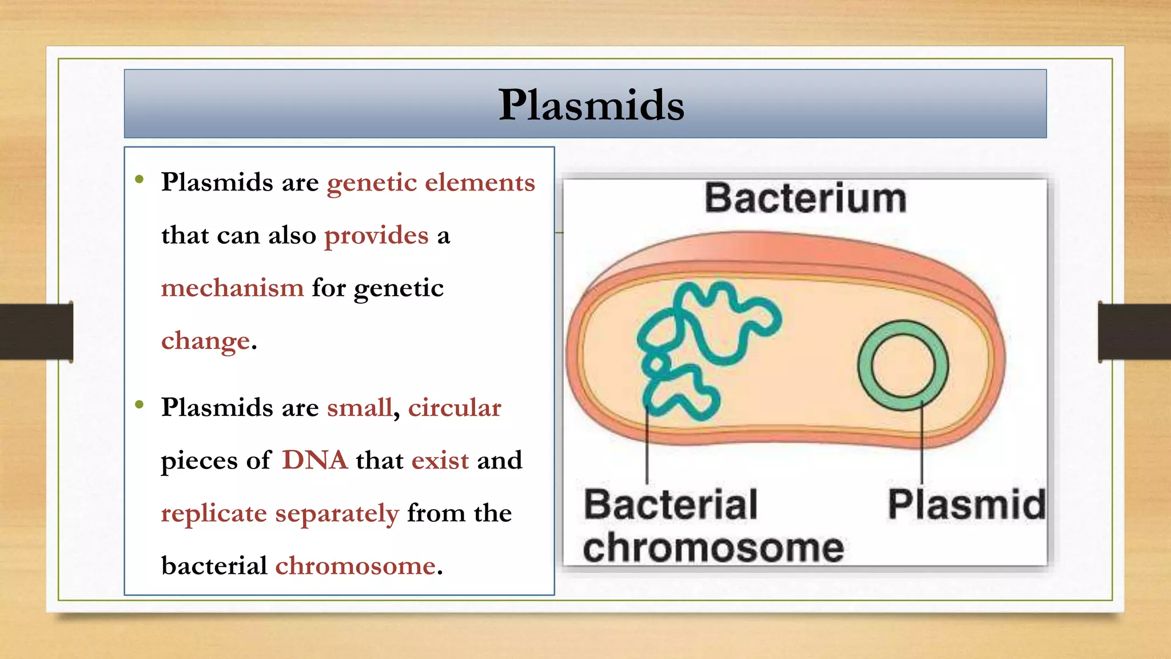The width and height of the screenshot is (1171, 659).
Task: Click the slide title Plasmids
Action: click(x=591, y=105)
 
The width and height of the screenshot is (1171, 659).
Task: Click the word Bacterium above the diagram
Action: click(x=805, y=199)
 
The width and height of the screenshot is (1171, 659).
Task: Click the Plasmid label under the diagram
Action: click(x=966, y=505)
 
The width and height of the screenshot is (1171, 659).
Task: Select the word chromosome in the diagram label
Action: click(x=713, y=548)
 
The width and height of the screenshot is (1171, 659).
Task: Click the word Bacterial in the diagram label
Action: click(x=670, y=505)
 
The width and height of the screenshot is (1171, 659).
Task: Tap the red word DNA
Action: click(x=314, y=460)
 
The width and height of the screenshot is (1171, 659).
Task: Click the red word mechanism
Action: click(x=232, y=288)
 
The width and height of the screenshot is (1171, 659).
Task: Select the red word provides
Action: click(x=376, y=235)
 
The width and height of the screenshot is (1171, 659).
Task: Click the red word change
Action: click(x=206, y=341)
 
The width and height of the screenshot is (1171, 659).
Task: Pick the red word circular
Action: click(x=455, y=408)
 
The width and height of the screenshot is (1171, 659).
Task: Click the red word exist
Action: click(x=440, y=460)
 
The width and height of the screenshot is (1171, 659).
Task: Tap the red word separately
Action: click(x=337, y=514)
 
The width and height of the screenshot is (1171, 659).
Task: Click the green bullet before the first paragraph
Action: click(x=140, y=180)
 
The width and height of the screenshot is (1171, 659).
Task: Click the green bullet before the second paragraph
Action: click(x=140, y=405)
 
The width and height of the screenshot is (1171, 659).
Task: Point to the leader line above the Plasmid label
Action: click(x=922, y=443)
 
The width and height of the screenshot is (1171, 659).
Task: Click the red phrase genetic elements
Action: click(x=431, y=182)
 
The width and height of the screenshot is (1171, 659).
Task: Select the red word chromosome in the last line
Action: click(x=356, y=566)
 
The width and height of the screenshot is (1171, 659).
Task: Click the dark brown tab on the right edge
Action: click(x=1134, y=332)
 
